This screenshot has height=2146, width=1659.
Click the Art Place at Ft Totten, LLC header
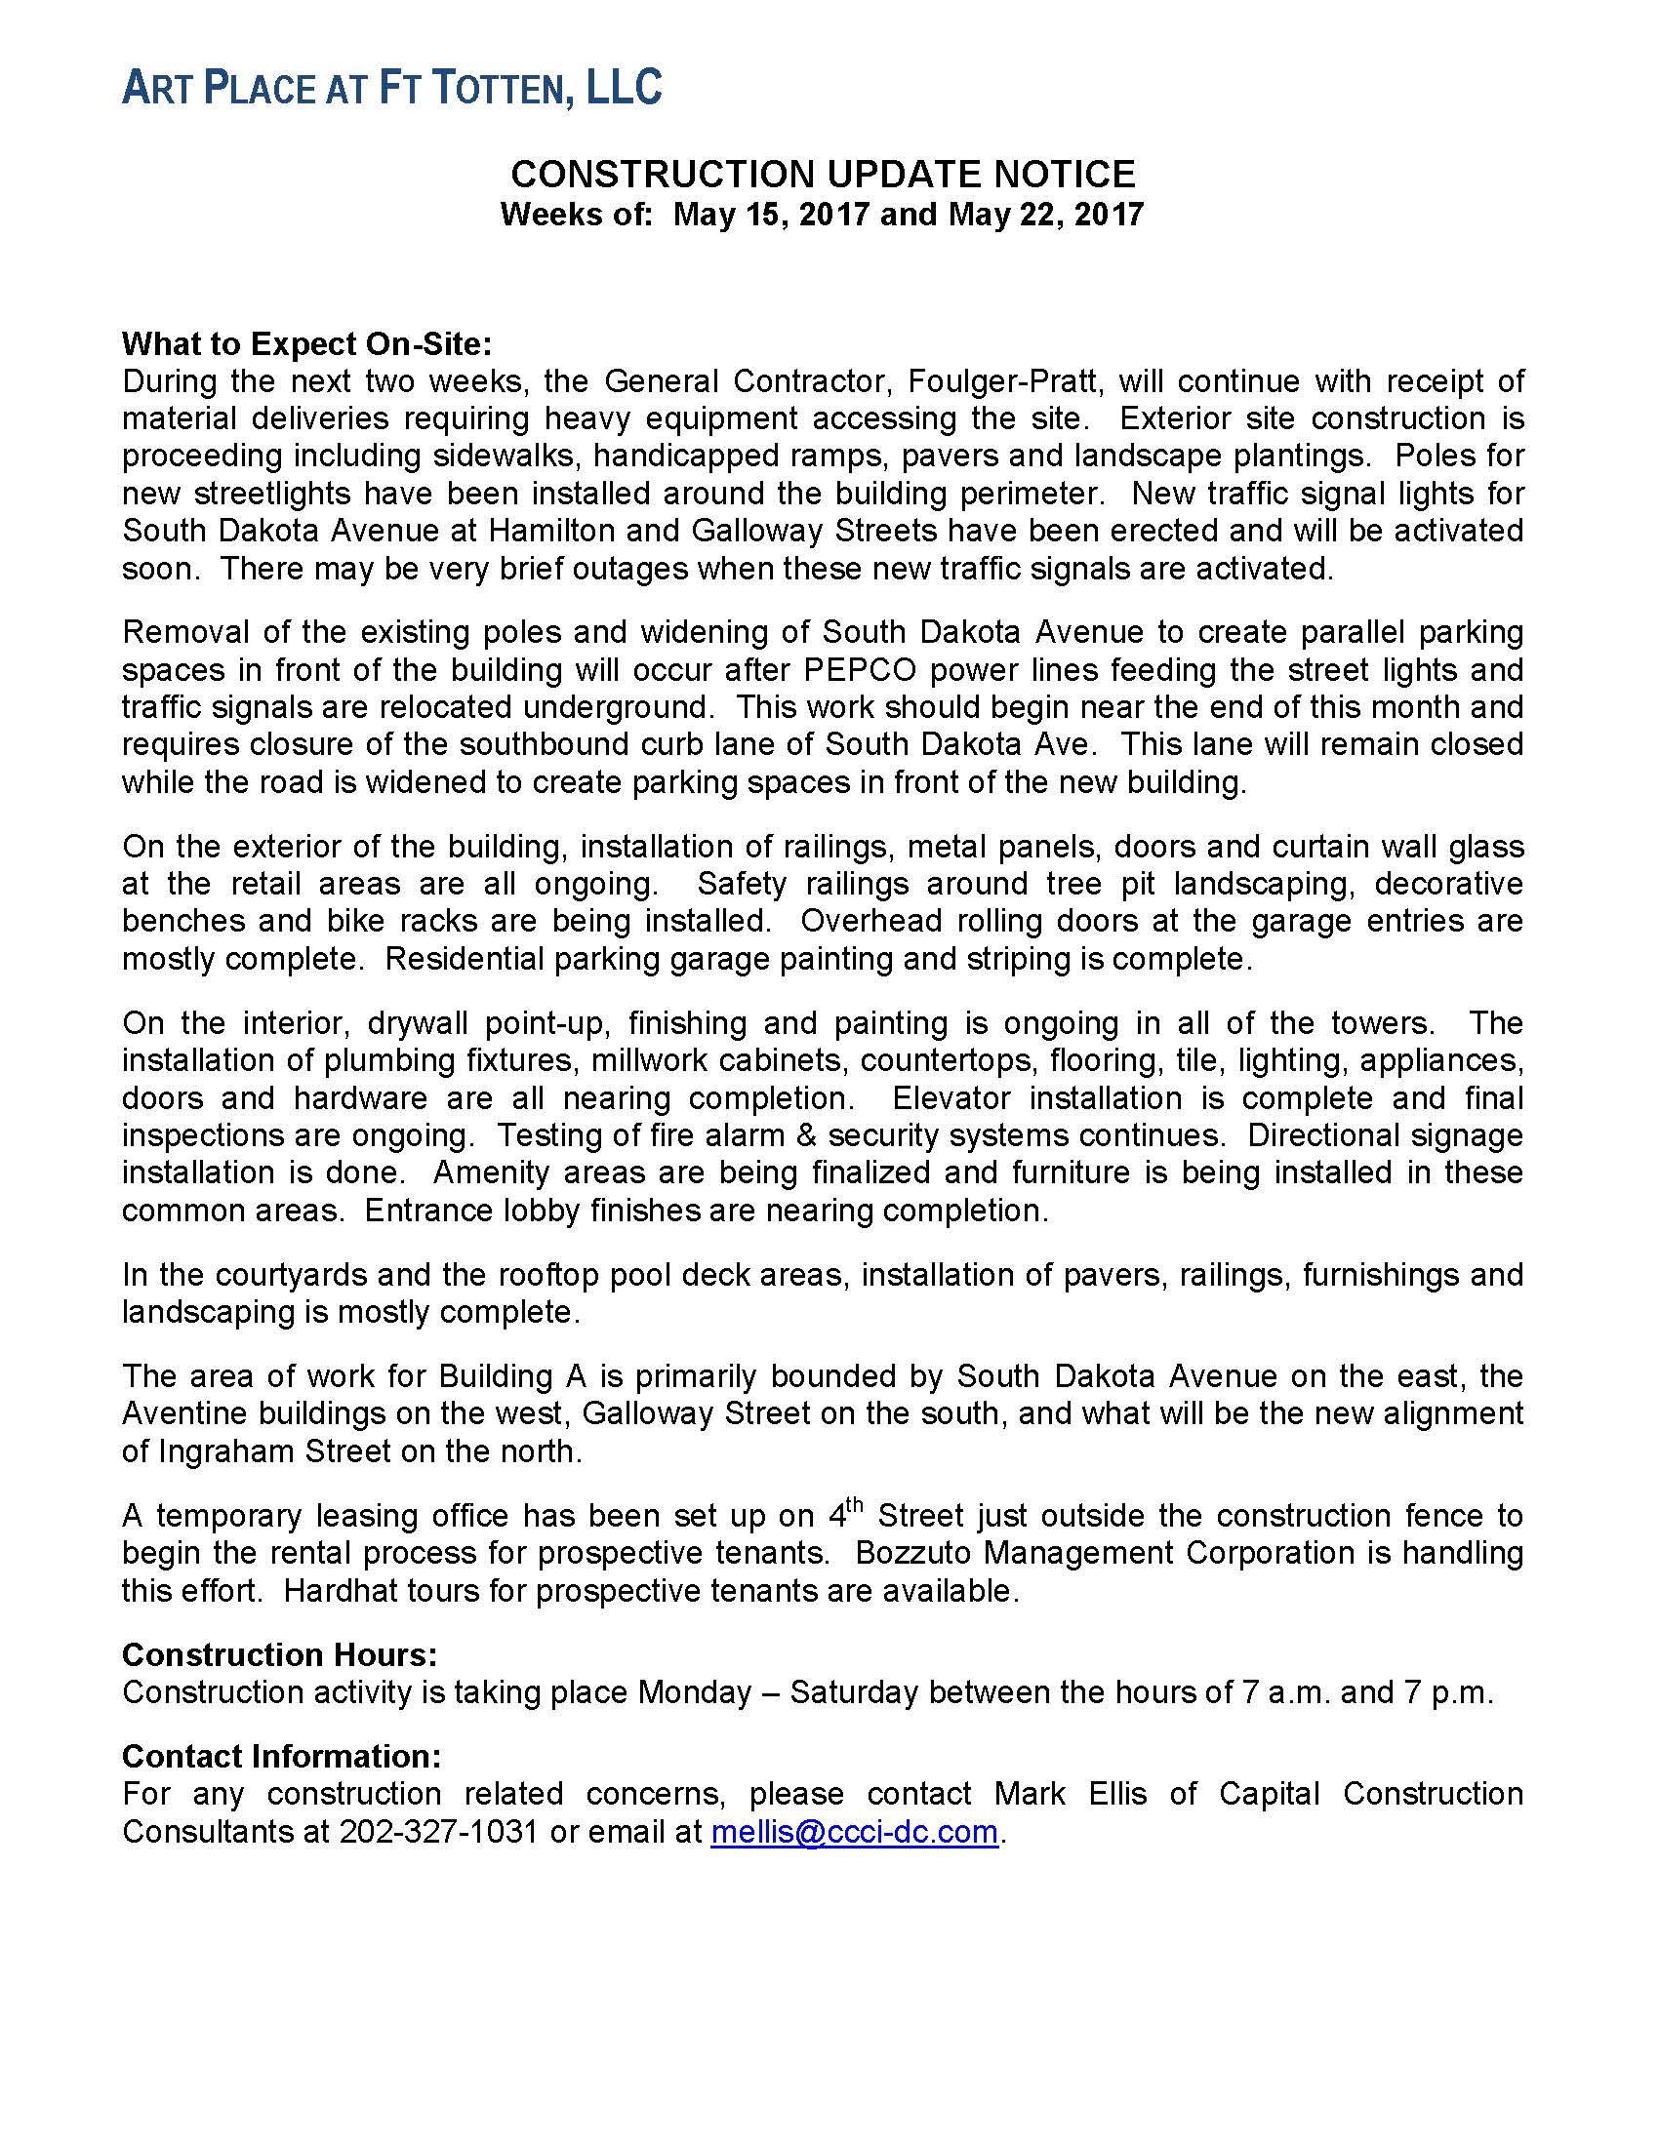pos(391,89)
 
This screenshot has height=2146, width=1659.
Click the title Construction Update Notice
pos(823,174)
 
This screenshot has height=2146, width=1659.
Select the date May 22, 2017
pos(1046,215)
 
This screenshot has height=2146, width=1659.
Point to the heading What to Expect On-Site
pos(306,344)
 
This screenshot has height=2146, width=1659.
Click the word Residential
pos(464,959)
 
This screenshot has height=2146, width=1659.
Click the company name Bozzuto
pos(913,1553)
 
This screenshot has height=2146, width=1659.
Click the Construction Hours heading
pos(279,1654)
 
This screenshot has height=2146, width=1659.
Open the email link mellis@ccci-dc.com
pos(854,1832)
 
